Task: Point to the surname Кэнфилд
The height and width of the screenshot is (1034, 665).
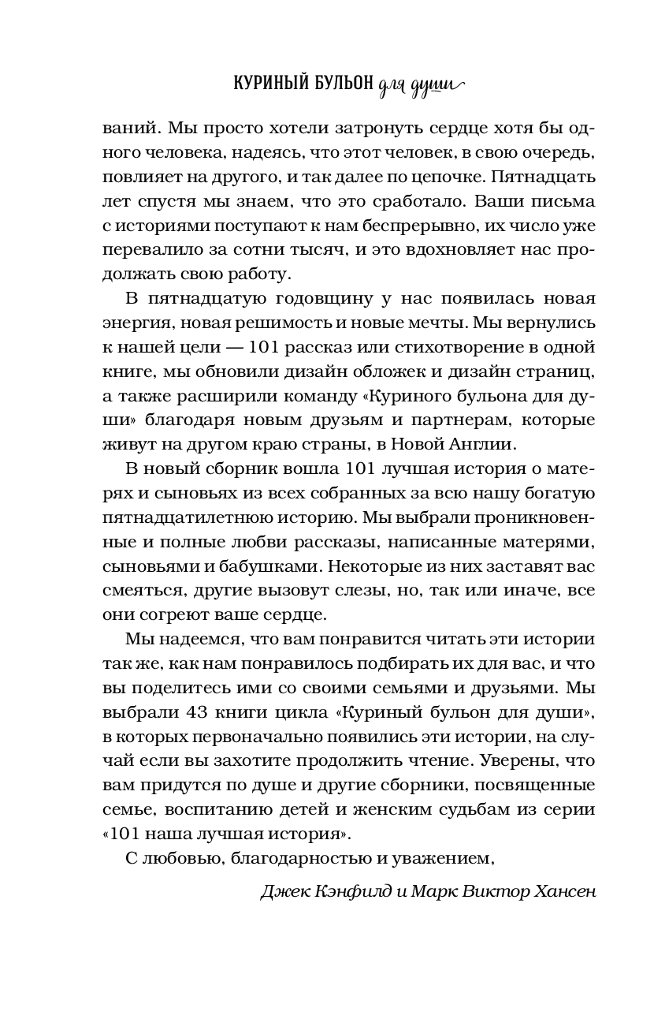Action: [355, 892]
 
